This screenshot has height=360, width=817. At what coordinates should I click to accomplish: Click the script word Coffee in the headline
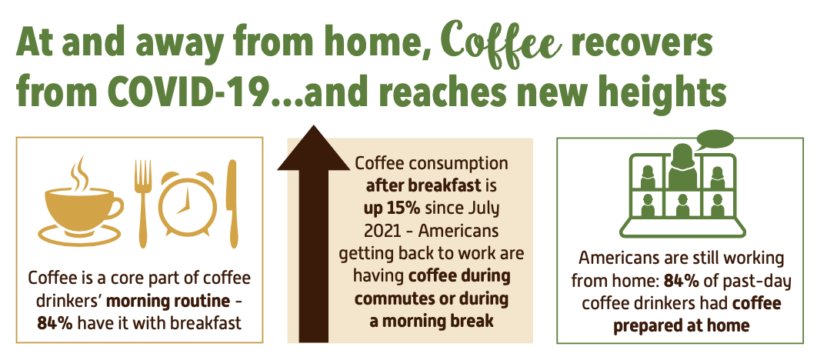[x=504, y=44]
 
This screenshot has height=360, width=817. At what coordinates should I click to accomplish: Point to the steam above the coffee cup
[x=80, y=172]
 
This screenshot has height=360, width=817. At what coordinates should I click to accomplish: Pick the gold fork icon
[x=143, y=203]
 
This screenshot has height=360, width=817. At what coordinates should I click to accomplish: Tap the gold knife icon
[x=232, y=203]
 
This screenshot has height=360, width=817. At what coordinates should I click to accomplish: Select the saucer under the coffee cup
[x=79, y=235]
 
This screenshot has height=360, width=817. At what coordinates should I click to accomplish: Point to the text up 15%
[x=392, y=208]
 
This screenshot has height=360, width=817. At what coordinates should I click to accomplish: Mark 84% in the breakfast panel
[x=55, y=323]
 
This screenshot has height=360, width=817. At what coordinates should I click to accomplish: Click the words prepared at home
[x=682, y=325]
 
